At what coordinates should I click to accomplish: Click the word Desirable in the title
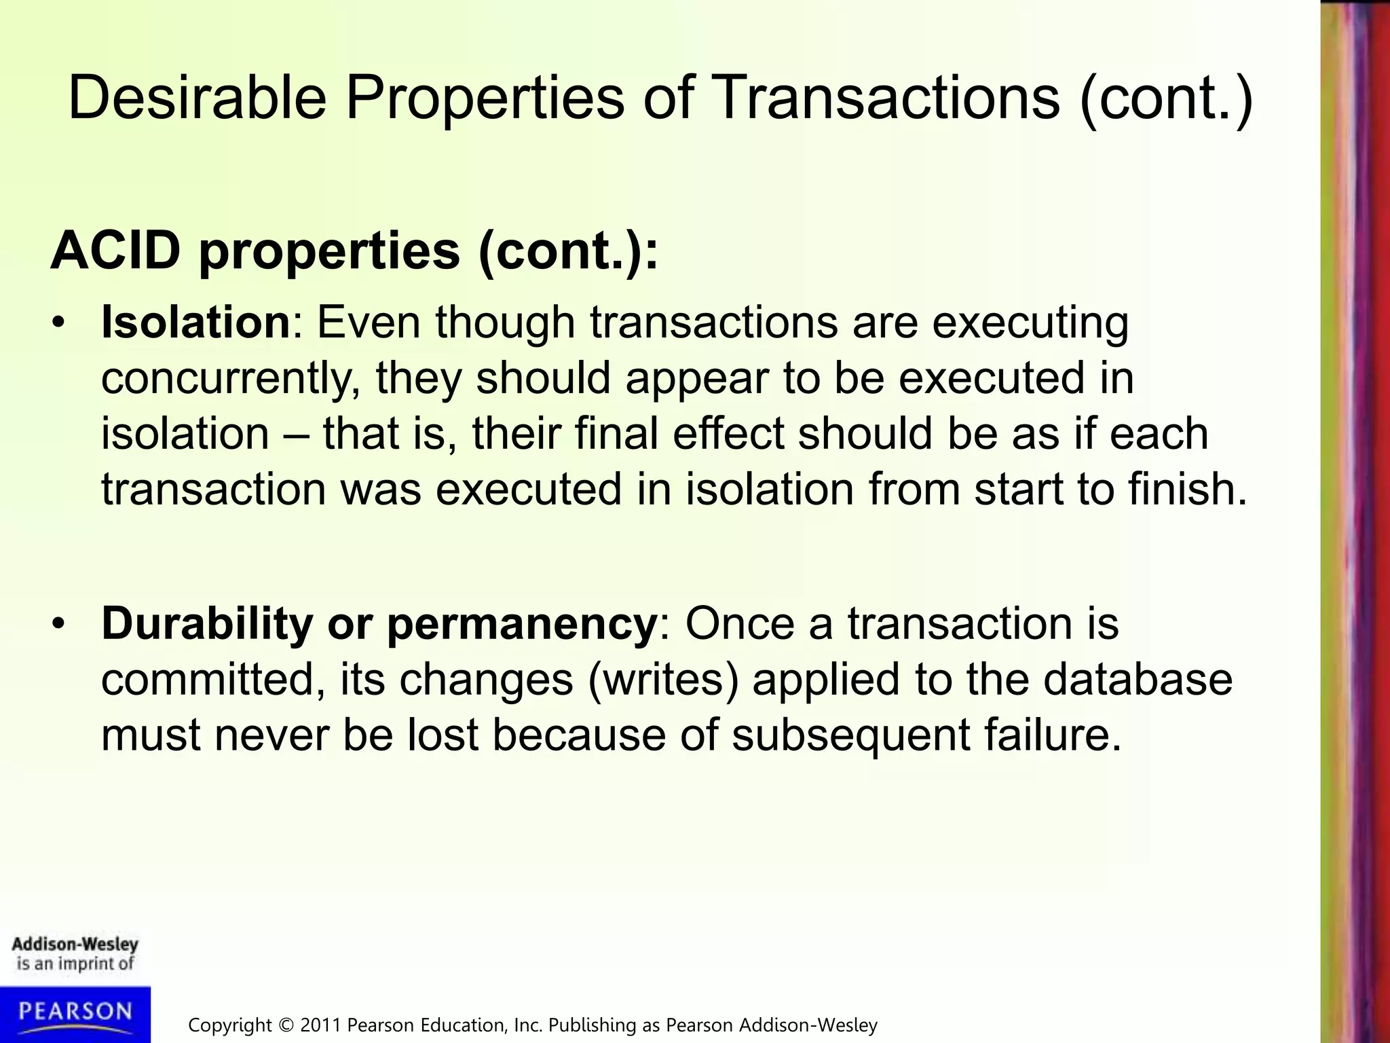click(x=197, y=97)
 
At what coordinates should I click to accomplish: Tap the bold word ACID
click(x=115, y=251)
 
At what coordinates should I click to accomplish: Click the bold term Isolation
click(x=195, y=322)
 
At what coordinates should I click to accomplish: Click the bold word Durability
click(x=206, y=623)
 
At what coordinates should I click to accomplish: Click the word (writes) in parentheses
click(x=663, y=680)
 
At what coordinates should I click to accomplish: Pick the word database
click(x=1138, y=679)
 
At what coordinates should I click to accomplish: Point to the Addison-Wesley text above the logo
click(x=75, y=945)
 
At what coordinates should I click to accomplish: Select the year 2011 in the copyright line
click(x=321, y=1025)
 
